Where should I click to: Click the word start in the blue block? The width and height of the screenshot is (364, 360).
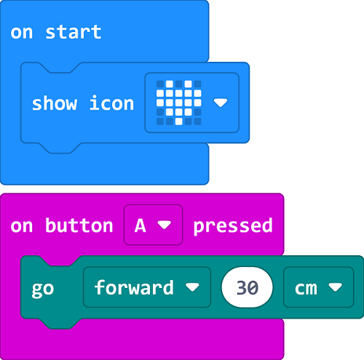(x=74, y=32)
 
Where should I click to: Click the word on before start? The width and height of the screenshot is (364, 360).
(x=21, y=33)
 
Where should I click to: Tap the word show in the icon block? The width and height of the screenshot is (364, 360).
(x=55, y=103)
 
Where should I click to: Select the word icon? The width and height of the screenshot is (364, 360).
(x=111, y=103)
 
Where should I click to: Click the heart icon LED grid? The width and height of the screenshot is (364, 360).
(x=179, y=103)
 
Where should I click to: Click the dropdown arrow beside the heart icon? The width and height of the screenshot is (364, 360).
(x=221, y=103)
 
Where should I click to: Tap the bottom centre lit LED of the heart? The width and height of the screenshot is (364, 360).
(x=179, y=121)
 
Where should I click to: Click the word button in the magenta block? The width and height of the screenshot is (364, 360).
(x=79, y=225)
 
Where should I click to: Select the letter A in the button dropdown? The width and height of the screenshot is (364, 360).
(x=141, y=225)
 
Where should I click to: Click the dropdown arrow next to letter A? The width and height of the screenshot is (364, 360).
(x=165, y=225)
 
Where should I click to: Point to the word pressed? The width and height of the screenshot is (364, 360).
(x=233, y=226)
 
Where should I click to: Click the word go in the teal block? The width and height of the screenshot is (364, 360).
(x=43, y=289)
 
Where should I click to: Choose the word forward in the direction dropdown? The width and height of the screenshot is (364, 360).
(x=134, y=287)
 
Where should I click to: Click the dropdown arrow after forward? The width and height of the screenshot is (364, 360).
(x=192, y=287)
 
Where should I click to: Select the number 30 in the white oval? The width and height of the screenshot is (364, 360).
(x=247, y=288)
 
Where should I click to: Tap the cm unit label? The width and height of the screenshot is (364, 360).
(x=306, y=289)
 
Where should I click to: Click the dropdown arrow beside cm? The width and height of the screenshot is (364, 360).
(x=336, y=287)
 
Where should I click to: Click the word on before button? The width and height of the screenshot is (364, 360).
(x=21, y=227)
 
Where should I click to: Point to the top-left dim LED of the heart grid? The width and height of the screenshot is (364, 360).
(x=160, y=84)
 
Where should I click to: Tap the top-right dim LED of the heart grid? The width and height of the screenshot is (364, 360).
(x=197, y=84)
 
